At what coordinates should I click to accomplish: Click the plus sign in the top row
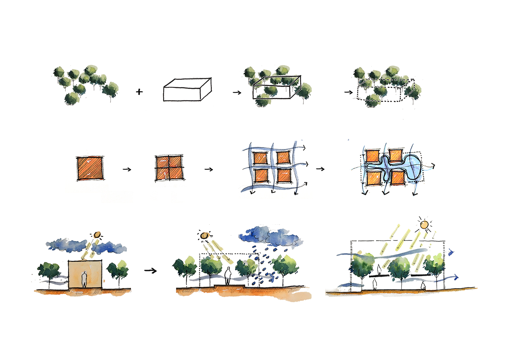139,92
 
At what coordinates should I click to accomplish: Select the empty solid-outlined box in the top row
187,90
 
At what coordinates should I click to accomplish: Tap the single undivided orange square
90,168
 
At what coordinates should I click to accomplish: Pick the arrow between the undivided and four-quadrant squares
127,169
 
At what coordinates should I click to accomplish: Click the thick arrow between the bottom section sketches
151,270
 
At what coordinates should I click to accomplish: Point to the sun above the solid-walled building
97,235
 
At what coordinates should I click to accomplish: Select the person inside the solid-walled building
84,279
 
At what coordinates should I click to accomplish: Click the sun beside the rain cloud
204,235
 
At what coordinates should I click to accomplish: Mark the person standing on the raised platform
228,276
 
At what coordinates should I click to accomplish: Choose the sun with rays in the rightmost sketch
424,225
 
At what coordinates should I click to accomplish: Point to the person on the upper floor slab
379,269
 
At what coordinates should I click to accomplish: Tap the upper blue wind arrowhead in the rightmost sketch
451,252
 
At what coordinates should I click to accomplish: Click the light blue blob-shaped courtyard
410,167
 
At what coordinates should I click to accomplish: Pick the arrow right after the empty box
237,92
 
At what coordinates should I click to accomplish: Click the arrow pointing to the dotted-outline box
348,92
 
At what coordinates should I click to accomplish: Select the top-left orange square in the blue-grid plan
260,158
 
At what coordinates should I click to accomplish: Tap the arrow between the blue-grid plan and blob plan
320,169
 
